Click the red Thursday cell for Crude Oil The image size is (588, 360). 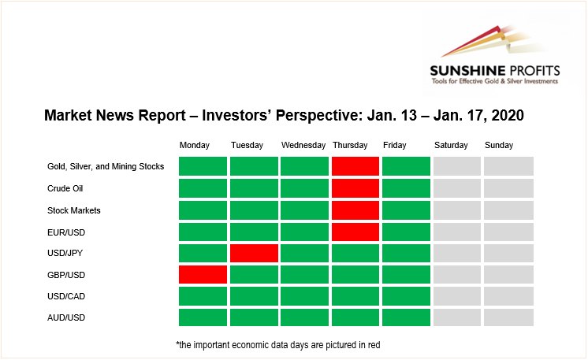pyautogui.click(x=355, y=188)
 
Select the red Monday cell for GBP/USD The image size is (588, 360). pyautogui.click(x=203, y=275)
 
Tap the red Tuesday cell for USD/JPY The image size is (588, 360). pyautogui.click(x=254, y=253)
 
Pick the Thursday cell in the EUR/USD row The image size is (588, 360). pyautogui.click(x=355, y=232)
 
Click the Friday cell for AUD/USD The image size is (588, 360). pyautogui.click(x=406, y=317)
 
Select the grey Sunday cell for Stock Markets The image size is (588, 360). pyautogui.click(x=508, y=210)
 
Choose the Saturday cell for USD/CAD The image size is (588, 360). pyautogui.click(x=457, y=296)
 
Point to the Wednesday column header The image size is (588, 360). pyautogui.click(x=303, y=145)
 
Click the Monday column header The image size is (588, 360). pyautogui.click(x=194, y=146)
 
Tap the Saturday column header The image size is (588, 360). pyautogui.click(x=451, y=146)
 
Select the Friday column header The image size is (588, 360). pyautogui.click(x=395, y=146)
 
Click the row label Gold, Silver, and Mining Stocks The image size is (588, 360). pyautogui.click(x=106, y=167)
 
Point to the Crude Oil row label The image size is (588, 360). pyautogui.click(x=65, y=188)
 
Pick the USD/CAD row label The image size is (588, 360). pyautogui.click(x=66, y=296)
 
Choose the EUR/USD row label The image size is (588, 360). pyautogui.click(x=66, y=232)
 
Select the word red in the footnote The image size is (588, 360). pyautogui.click(x=374, y=345)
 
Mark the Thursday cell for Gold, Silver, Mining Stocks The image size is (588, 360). pyautogui.click(x=355, y=166)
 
